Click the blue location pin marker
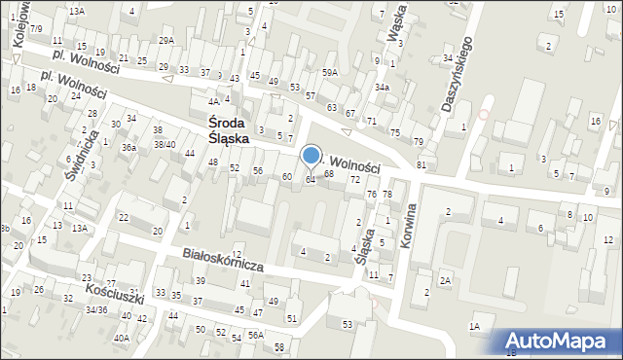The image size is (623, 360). (x=311, y=157)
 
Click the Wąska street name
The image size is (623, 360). (x=396, y=28)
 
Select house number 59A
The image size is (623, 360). (x=330, y=72)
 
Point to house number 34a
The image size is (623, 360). (x=383, y=88)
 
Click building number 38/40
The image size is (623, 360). (x=164, y=145)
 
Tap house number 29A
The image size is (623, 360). (x=166, y=40)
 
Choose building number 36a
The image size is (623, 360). (x=128, y=148)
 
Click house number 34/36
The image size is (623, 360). (x=95, y=310)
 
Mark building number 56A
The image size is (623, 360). (x=255, y=335)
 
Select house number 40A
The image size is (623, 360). (x=121, y=338)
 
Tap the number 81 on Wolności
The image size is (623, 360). (x=421, y=165)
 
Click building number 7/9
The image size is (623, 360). (x=35, y=29)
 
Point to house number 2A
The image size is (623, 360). (x=444, y=280)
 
